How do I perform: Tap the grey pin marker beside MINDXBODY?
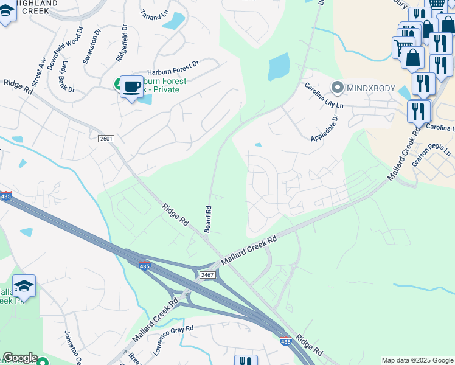click(x=338, y=87)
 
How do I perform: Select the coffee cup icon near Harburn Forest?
click(x=131, y=87)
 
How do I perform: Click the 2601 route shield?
click(x=106, y=139)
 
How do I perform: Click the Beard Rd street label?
click(x=209, y=217)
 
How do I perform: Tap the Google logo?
click(x=20, y=358)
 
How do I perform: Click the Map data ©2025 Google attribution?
click(x=417, y=360)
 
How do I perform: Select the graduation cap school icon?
click(x=24, y=286)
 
